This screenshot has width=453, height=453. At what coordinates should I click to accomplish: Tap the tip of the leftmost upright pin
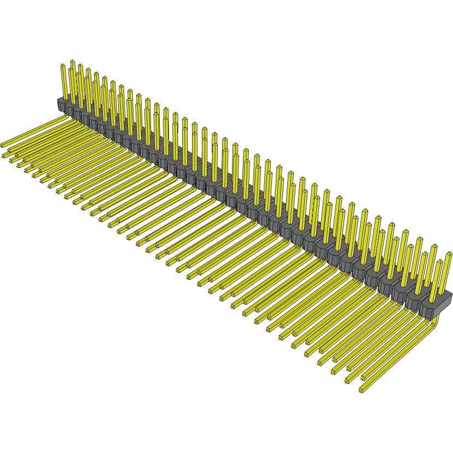click(62, 66)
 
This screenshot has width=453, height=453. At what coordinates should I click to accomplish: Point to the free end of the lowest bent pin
click(361, 390)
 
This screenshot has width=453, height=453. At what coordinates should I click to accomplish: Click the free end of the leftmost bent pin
click(3, 145)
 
